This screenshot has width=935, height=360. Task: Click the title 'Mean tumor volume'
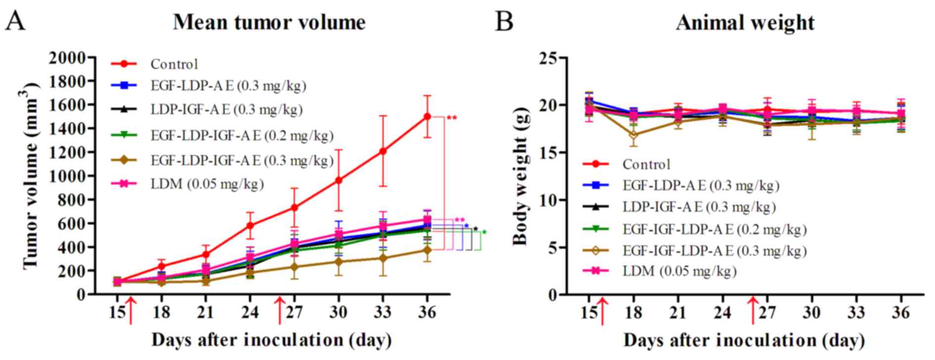269,23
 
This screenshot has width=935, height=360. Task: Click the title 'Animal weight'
745,23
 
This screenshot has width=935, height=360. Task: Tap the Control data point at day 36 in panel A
427,117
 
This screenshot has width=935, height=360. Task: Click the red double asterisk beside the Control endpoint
452,118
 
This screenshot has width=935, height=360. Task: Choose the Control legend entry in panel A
174,64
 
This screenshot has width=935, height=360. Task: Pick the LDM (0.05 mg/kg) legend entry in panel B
679,271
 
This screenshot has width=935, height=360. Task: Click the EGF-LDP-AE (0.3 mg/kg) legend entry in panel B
701,185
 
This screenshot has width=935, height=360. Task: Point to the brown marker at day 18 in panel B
634,135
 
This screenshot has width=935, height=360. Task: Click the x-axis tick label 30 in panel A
339,313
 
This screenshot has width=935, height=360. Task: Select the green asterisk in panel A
484,232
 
